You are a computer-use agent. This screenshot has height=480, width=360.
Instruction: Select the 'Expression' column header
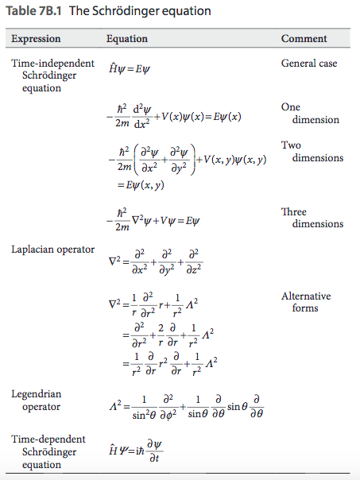[37, 38]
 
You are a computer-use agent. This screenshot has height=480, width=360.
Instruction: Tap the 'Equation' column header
[127, 38]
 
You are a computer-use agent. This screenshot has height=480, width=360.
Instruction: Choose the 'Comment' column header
[304, 38]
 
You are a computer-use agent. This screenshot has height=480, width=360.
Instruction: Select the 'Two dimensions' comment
[312, 152]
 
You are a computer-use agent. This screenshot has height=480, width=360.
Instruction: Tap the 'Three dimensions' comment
[312, 218]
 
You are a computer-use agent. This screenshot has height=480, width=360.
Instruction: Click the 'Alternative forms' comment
[306, 302]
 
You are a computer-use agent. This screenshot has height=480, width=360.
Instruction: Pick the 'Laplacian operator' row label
[53, 250]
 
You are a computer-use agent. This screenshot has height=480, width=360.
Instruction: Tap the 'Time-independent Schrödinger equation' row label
[52, 75]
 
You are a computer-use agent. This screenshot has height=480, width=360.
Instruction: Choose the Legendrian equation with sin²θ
[176, 408]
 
